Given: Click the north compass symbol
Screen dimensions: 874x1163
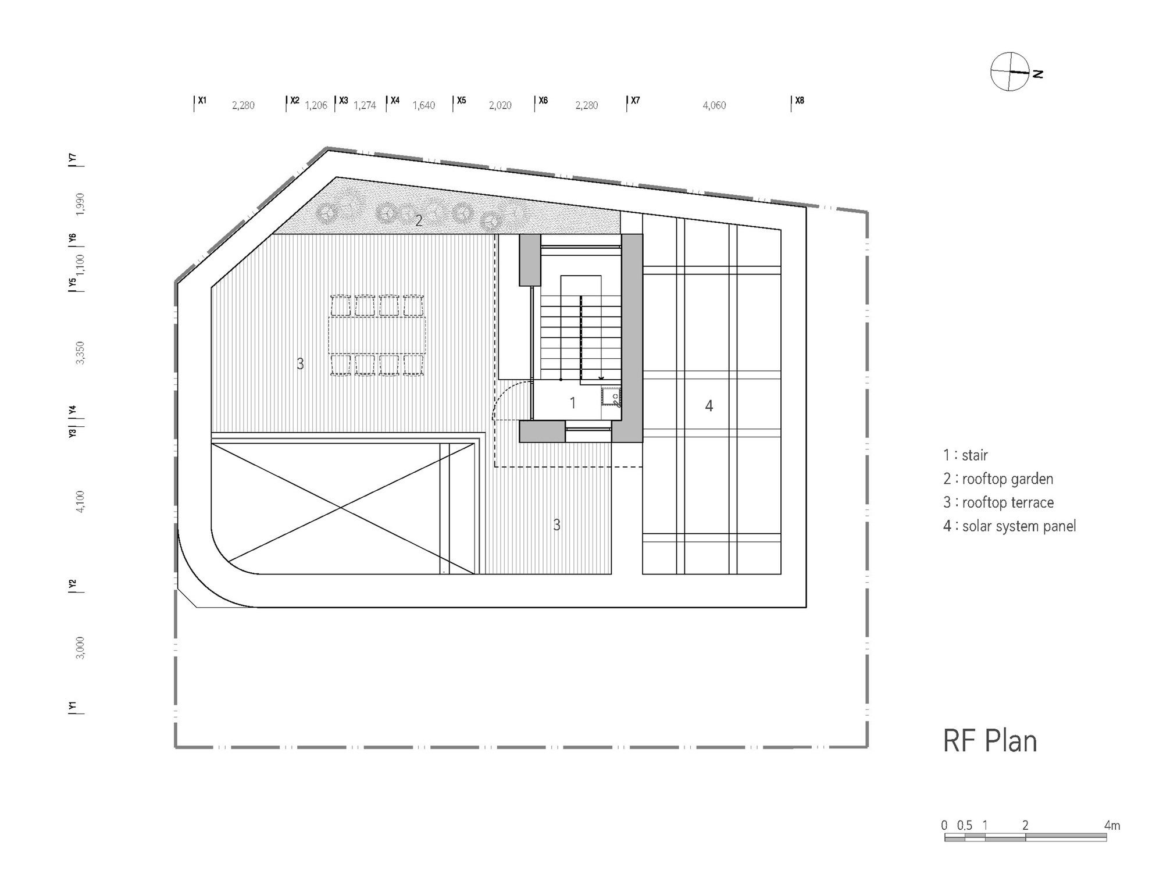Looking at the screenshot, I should click(1011, 72).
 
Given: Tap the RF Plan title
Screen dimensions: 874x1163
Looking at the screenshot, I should click(990, 741).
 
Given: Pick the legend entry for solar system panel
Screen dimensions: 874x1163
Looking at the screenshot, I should click(1009, 526).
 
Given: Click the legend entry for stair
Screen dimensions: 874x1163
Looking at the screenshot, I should click(965, 455).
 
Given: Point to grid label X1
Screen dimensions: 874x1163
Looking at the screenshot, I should click(202, 101).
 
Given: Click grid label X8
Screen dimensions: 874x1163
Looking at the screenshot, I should click(800, 101).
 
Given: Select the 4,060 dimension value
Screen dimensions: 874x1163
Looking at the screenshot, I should click(714, 105).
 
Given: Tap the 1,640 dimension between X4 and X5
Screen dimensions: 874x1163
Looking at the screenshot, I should click(423, 105).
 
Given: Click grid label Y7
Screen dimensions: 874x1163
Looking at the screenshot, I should click(72, 158).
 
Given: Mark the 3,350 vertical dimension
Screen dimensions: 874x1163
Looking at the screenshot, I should click(80, 353).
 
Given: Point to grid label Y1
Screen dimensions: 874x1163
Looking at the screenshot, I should click(72, 707).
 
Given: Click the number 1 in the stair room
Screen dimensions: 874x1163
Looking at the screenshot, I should click(573, 402).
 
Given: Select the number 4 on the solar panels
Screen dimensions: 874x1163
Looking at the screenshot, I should click(709, 406).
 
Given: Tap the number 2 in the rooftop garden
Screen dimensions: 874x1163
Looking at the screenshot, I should click(419, 221).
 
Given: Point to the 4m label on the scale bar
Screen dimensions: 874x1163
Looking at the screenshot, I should click(1112, 825).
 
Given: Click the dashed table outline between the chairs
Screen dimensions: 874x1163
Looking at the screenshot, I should click(377, 335).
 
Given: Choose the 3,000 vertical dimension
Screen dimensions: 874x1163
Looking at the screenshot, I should click(80, 648).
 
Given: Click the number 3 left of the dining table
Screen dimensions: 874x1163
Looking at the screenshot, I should click(300, 363).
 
